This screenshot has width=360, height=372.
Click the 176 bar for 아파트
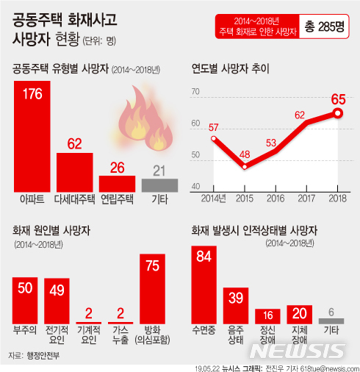click(32, 136)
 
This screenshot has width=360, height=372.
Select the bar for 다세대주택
click(75, 172)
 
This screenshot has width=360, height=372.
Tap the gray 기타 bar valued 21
click(159, 185)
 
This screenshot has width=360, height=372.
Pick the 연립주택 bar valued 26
click(117, 184)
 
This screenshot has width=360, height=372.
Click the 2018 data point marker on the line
click(338, 113)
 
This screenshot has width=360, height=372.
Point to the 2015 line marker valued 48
click(245, 167)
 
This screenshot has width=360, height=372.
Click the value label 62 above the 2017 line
click(300, 115)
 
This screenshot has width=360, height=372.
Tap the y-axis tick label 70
click(195, 91)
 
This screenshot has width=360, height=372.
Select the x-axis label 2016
click(276, 198)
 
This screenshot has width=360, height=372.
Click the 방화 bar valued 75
click(152, 289)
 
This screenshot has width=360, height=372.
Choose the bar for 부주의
click(25, 301)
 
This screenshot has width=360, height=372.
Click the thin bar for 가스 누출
click(120, 323)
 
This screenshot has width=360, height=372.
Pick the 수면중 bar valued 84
click(204, 285)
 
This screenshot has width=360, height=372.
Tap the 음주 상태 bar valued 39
click(236, 306)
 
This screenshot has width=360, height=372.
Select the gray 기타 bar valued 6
click(331, 321)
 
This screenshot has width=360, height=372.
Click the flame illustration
click(146, 119)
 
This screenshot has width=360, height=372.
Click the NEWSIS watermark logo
click(298, 351)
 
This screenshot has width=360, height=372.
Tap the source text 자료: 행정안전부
click(34, 355)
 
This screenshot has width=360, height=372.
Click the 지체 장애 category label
click(300, 335)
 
